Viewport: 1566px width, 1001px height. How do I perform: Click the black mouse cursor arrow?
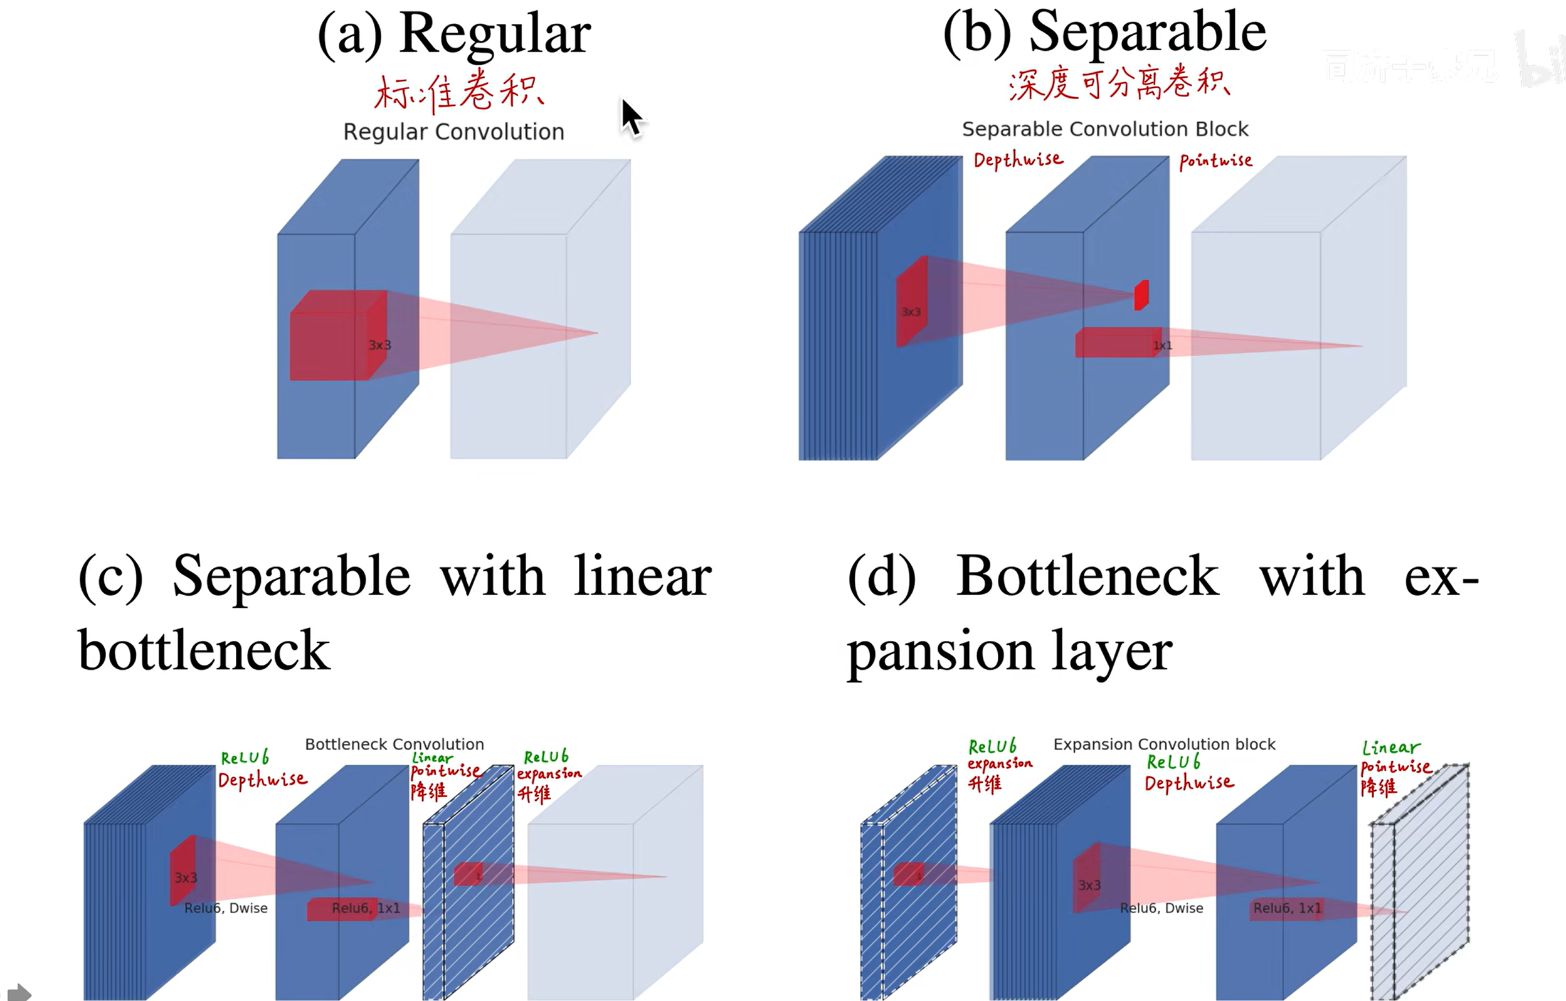[631, 118]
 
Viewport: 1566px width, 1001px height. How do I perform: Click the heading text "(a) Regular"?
[454, 34]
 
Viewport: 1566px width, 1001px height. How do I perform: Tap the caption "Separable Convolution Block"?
[1105, 129]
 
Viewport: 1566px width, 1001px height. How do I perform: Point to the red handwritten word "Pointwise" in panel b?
[1215, 161]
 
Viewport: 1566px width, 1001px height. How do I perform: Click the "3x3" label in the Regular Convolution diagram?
[380, 346]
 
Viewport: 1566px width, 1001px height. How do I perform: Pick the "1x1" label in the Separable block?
[1162, 346]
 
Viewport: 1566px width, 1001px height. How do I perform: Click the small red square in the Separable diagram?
[1141, 295]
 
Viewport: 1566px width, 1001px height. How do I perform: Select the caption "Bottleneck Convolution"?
[394, 744]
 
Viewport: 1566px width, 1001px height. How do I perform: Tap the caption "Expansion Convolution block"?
[1164, 744]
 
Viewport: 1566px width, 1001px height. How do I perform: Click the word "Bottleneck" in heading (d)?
[1087, 576]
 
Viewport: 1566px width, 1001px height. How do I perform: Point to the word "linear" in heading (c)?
[643, 576]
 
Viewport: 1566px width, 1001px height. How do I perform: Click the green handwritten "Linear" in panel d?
[1391, 748]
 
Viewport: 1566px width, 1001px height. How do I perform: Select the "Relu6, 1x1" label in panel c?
[366, 908]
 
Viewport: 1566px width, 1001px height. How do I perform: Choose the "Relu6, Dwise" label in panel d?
[1161, 908]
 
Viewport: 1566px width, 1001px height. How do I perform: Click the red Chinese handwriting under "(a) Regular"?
[459, 92]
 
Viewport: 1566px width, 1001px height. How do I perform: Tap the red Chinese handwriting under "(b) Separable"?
[1119, 85]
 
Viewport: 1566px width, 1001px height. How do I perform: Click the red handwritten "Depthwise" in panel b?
[1018, 160]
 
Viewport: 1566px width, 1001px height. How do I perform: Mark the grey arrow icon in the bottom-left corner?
[18, 992]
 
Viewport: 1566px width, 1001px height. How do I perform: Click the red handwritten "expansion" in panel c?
[549, 774]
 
